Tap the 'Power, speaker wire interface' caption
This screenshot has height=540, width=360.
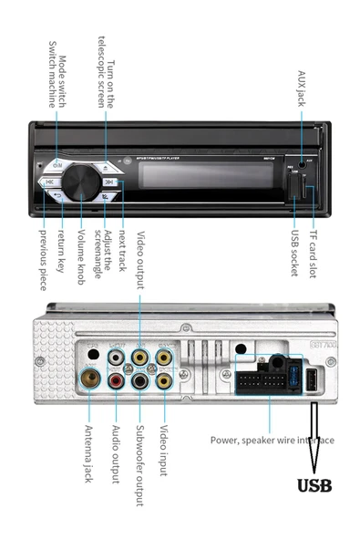(272, 441)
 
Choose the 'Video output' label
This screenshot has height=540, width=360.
(140, 259)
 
